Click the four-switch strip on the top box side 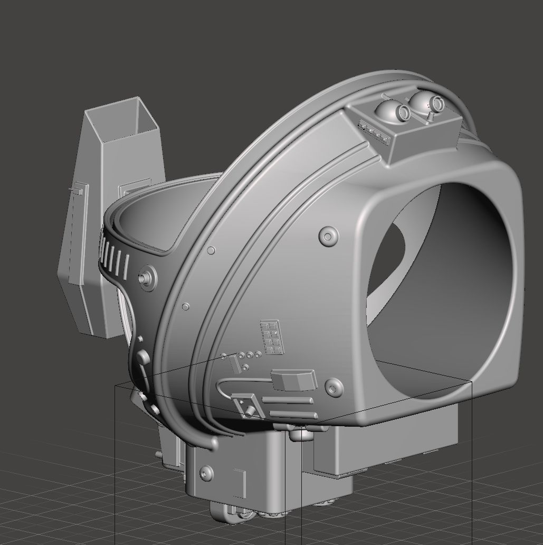(x=374, y=133)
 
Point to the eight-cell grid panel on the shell (x=272, y=337)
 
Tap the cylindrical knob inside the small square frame (x=247, y=407)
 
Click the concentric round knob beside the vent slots (x=146, y=277)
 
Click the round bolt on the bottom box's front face (x=206, y=473)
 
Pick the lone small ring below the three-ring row (x=245, y=368)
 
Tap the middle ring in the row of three (x=249, y=355)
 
